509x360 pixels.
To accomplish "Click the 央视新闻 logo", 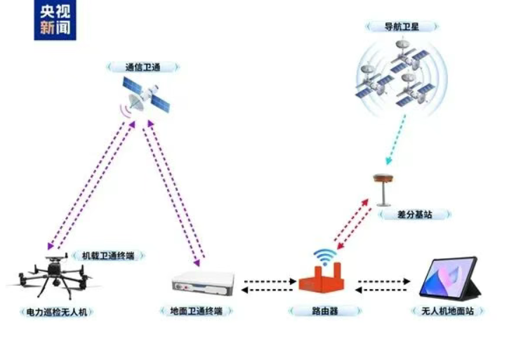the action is [x=55, y=20].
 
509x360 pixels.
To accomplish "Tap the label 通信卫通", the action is [x=143, y=67].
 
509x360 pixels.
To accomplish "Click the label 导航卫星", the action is [x=402, y=27].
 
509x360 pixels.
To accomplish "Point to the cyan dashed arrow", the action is [x=396, y=140].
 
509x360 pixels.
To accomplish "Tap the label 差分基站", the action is [x=414, y=215].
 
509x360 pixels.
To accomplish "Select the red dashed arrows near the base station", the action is [x=353, y=225].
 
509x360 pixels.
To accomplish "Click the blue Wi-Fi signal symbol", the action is [x=325, y=256].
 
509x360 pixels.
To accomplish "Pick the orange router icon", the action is [x=322, y=278].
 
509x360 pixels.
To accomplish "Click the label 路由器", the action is [x=325, y=311].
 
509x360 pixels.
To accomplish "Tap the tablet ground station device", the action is [x=450, y=279].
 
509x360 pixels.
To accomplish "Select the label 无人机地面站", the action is [x=447, y=311].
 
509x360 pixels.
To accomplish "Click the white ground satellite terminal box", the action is [x=203, y=284].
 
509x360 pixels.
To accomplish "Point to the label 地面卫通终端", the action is [x=197, y=311].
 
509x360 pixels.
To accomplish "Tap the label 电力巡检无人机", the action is [x=56, y=312].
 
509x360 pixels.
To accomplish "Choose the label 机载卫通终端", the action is [x=108, y=256].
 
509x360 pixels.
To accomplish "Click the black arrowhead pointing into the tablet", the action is [x=406, y=281].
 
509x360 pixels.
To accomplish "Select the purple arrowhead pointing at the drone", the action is [x=51, y=246].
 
